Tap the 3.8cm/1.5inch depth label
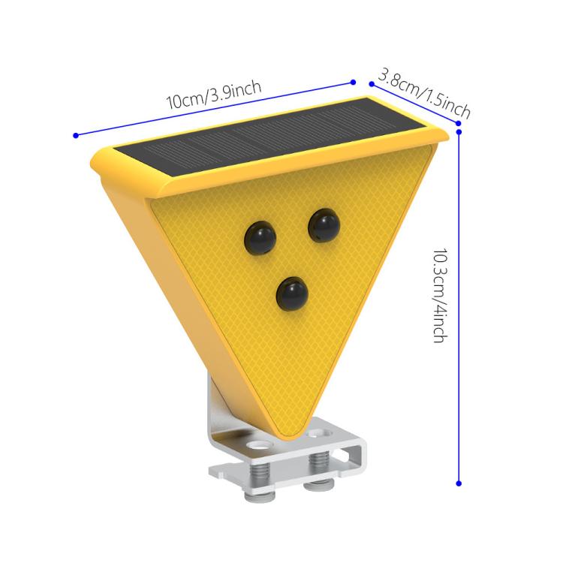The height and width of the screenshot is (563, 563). [424, 94]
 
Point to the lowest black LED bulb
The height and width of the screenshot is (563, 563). [293, 293]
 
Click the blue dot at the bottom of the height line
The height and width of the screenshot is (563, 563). [459, 483]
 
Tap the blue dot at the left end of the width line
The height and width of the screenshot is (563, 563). [76, 135]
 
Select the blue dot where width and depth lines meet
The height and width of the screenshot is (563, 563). [353, 81]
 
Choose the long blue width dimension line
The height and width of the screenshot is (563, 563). [150, 120]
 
